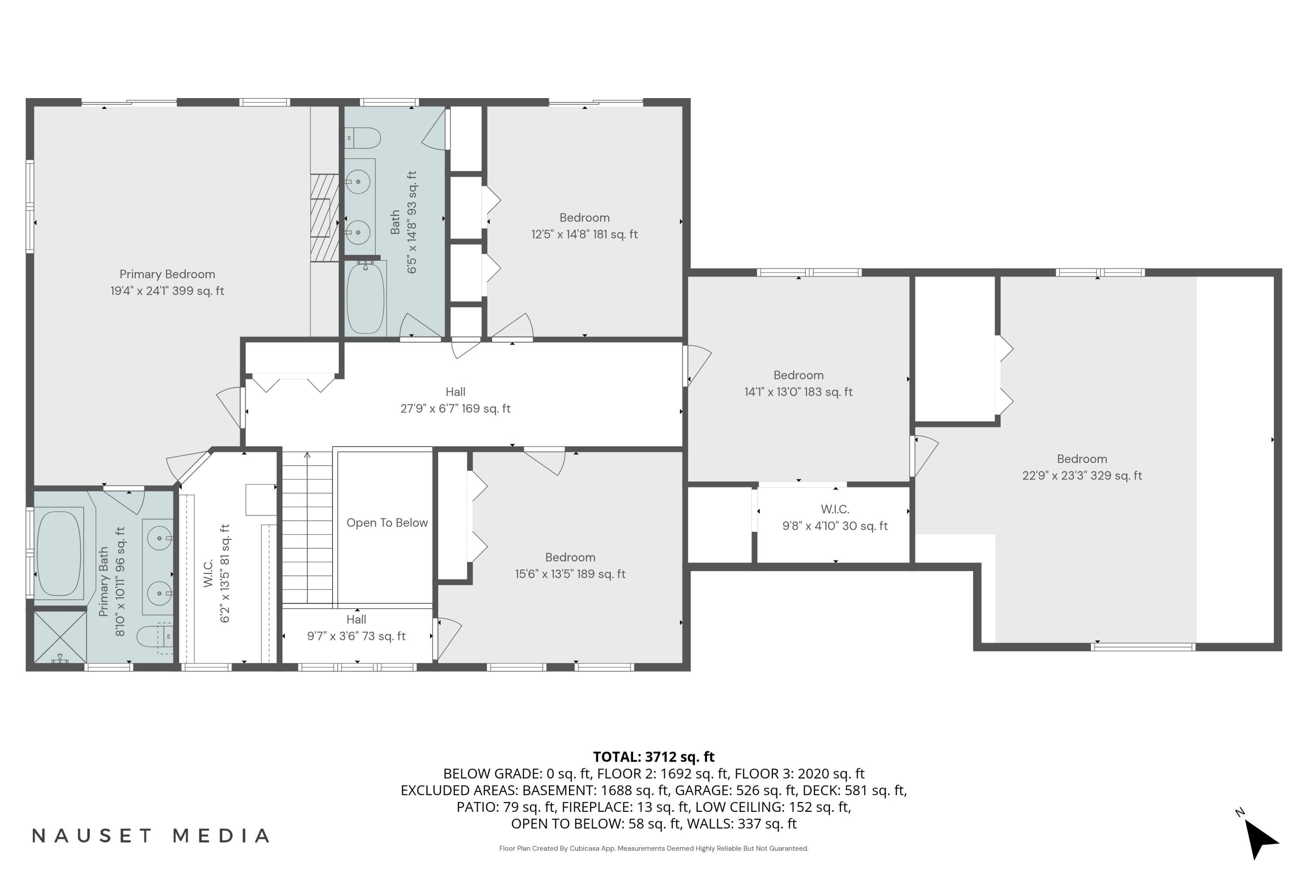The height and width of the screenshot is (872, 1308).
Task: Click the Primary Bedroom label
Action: tap(167, 283)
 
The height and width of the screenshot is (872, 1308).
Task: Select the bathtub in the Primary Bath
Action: tap(59, 553)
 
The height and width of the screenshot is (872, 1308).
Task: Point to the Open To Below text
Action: tap(387, 523)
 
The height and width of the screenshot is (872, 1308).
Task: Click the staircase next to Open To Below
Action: tap(307, 528)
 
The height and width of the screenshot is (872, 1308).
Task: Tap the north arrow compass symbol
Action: tap(1261, 839)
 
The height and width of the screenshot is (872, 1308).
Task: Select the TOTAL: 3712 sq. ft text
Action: tap(654, 756)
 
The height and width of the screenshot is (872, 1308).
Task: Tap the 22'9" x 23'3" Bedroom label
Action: tap(1082, 467)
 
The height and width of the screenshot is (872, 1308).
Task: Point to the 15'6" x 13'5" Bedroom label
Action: tap(570, 565)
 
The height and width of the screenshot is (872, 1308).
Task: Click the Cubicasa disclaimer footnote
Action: tap(654, 848)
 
